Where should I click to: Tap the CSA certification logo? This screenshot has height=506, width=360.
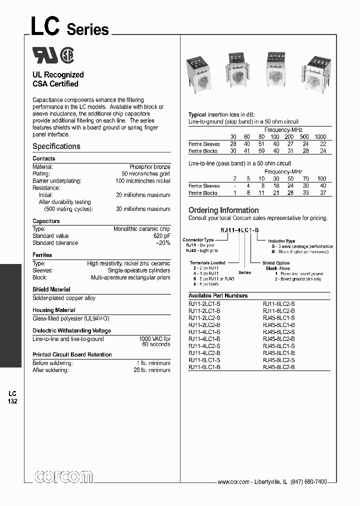click(67, 55)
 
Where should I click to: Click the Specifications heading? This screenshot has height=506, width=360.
click(56, 146)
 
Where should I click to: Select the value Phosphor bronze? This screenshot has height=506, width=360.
click(149, 166)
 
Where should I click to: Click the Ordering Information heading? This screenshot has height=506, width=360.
click(223, 210)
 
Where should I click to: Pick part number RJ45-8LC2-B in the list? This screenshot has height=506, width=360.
click(278, 367)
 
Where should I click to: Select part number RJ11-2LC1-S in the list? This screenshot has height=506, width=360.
click(204, 303)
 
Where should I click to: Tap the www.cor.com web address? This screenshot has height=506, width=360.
click(233, 481)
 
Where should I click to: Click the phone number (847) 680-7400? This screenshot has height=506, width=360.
click(309, 481)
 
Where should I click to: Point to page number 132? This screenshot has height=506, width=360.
click(12, 401)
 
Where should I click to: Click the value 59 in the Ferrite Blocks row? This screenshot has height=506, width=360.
click(261, 150)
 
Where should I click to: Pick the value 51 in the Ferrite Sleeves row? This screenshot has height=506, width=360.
click(261, 144)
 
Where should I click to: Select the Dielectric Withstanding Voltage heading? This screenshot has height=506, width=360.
click(72, 330)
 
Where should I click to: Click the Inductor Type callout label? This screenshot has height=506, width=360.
click(283, 241)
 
